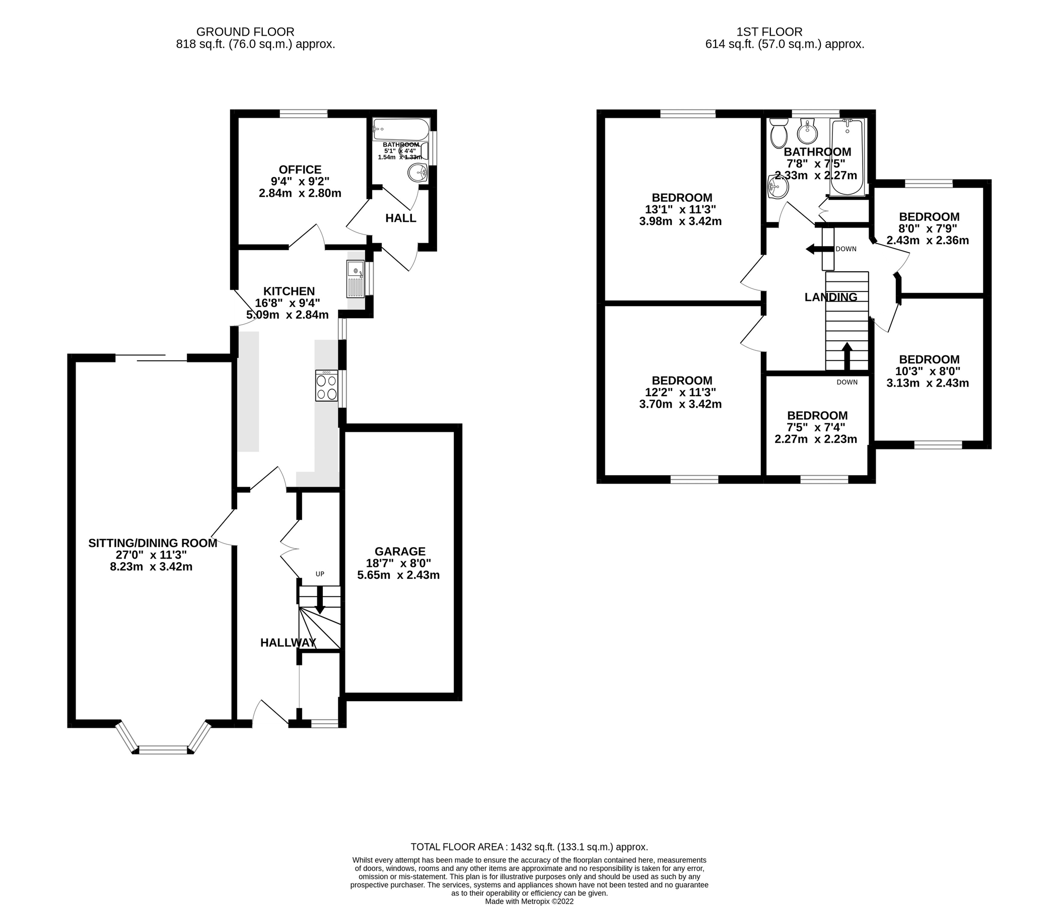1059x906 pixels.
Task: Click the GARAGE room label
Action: click(400, 551)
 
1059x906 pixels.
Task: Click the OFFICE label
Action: click(300, 170)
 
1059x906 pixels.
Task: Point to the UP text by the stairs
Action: click(320, 574)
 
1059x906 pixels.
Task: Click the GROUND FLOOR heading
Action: click(245, 32)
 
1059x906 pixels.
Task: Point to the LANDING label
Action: click(830, 297)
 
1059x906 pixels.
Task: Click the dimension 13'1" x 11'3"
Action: click(680, 209)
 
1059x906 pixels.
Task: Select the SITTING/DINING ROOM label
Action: click(153, 543)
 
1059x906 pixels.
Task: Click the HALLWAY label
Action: click(288, 643)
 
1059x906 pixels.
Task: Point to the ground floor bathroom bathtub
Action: click(401, 130)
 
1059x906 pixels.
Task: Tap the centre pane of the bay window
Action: click(164, 749)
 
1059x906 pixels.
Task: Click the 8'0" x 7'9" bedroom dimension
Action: click(927, 229)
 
